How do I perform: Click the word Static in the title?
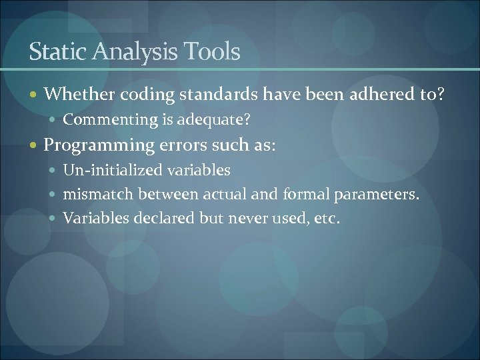[53, 51]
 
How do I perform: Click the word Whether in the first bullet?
[79, 95]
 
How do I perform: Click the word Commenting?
[101, 120]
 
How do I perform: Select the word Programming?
[100, 145]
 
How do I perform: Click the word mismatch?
[97, 194]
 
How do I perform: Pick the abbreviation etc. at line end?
[326, 217]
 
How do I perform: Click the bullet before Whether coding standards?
[35, 95]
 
